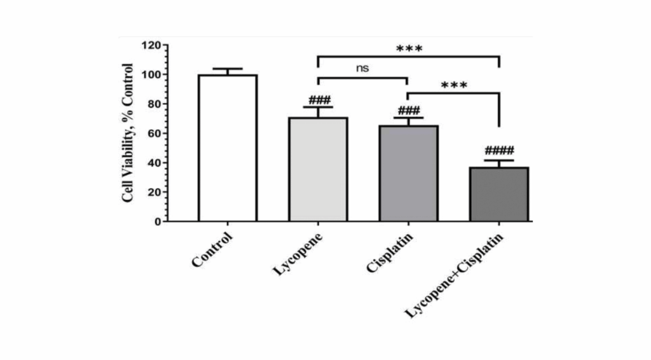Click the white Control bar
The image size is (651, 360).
tap(227, 148)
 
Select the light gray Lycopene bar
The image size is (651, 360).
tap(317, 169)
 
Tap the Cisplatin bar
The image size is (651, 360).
tap(408, 173)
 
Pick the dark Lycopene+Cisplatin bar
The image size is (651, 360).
tap(498, 194)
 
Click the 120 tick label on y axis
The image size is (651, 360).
tap(151, 46)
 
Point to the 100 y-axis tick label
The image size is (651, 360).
tap(151, 75)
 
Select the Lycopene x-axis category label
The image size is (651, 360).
tap(298, 254)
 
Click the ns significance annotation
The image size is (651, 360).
tap(362, 68)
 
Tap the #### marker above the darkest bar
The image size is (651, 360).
tap(499, 151)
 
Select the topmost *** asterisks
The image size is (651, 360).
tap(409, 48)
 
